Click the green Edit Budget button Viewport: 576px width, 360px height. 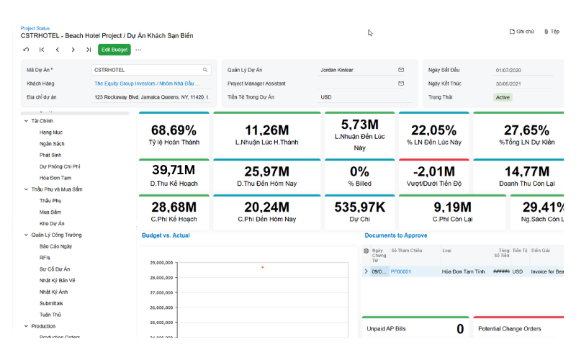click(x=114, y=50)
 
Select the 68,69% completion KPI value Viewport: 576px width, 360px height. click(x=174, y=130)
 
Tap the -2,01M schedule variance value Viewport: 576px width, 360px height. click(x=433, y=171)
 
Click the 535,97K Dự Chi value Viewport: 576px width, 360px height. click(x=360, y=207)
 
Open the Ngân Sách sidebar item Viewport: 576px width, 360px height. click(x=52, y=144)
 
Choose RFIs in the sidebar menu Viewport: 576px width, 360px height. click(x=46, y=258)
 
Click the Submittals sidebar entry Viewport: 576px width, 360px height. click(x=51, y=303)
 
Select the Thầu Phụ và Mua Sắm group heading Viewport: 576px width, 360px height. click(x=56, y=189)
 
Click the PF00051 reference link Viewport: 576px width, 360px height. click(x=401, y=271)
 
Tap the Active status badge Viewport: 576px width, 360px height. click(x=503, y=97)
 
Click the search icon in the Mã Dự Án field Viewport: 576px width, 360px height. click(x=205, y=70)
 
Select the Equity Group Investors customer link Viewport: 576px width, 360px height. click(x=148, y=84)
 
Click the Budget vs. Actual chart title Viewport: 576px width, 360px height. click(x=166, y=235)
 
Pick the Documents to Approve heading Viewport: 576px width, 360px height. click(x=395, y=235)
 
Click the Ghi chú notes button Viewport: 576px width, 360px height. click(x=521, y=32)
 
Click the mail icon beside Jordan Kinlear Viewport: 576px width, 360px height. click(x=401, y=70)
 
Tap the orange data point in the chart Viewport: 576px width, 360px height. click(x=262, y=267)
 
